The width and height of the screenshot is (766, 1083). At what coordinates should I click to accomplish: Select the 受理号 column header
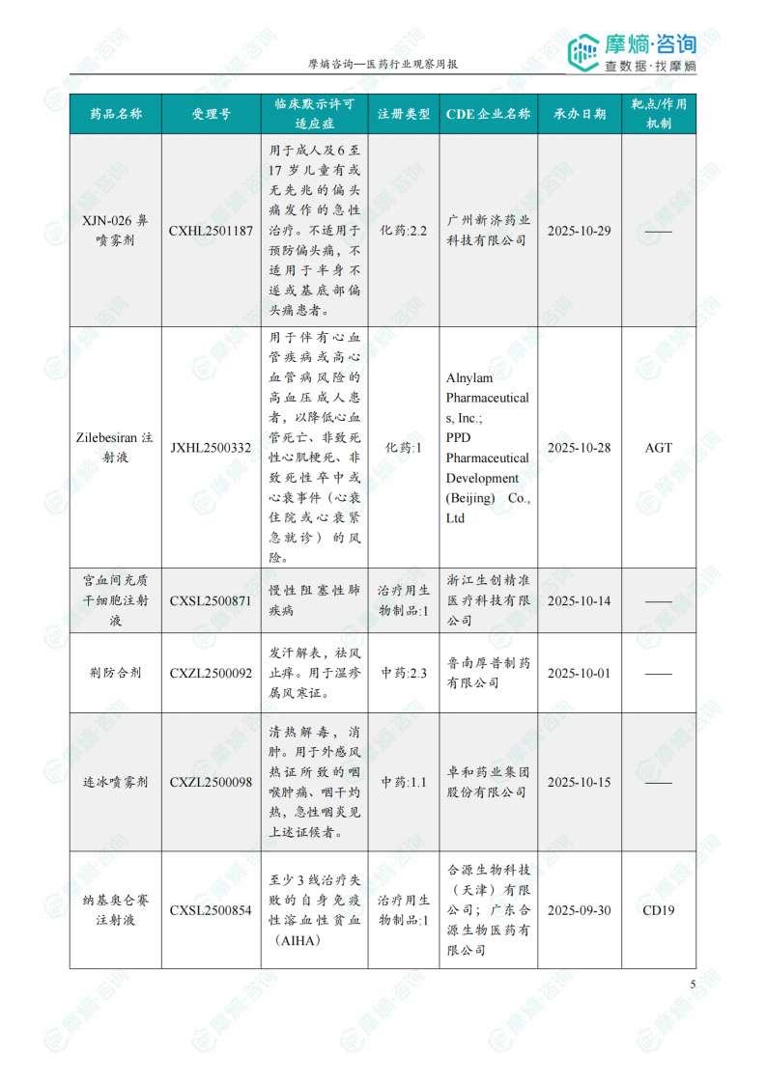tap(211, 114)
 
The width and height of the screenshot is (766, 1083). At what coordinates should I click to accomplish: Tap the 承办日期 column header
tap(580, 114)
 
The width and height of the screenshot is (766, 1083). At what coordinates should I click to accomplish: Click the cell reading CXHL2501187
tap(211, 232)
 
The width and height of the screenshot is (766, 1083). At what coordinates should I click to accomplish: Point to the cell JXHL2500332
tap(211, 448)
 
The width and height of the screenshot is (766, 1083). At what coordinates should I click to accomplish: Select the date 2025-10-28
tap(580, 448)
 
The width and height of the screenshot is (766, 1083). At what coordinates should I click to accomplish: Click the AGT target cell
tap(659, 448)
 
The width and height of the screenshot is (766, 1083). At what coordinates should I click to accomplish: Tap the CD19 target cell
tap(659, 910)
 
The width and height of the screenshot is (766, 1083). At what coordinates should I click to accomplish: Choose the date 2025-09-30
tap(580, 910)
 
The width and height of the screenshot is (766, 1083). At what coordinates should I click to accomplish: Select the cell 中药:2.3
tap(404, 673)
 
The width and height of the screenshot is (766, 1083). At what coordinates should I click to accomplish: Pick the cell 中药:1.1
tap(404, 782)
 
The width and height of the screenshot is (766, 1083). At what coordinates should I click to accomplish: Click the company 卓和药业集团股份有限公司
tap(488, 782)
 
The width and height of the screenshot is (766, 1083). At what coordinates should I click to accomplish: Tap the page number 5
tap(693, 984)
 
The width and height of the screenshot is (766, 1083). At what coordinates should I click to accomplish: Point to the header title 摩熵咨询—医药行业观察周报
tap(383, 64)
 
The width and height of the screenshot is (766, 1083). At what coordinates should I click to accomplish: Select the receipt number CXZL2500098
tap(211, 782)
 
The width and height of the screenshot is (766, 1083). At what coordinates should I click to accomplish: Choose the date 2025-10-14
tap(580, 600)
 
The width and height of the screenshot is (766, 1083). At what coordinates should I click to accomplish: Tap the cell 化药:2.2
tap(404, 232)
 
